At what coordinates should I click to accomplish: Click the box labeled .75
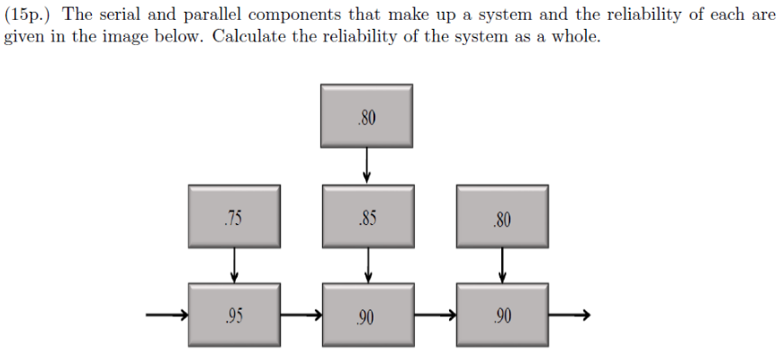[233, 217]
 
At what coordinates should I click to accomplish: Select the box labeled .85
[367, 216]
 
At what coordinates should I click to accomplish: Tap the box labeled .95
[233, 314]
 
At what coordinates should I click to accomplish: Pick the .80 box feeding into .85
[367, 116]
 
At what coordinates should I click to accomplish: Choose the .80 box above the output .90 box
[501, 217]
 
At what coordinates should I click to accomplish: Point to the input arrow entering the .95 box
[167, 314]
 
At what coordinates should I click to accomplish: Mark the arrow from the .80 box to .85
[367, 166]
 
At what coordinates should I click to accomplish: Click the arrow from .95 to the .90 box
[301, 314]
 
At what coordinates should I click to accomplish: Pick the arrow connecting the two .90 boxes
[435, 314]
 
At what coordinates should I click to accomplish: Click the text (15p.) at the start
[28, 16]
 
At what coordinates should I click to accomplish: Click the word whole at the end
[577, 40]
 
